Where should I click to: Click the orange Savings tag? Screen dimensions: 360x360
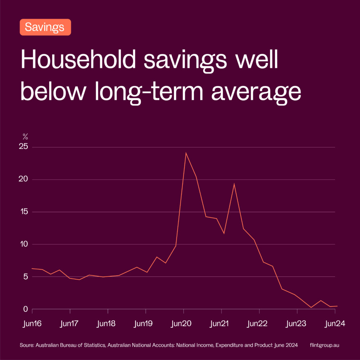click(45, 27)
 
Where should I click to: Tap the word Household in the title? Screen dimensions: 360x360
click(78, 60)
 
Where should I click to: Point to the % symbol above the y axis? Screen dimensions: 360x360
click(25, 137)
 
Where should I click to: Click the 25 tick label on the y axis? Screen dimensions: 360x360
click(24, 147)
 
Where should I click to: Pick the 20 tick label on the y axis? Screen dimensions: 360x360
click(24, 179)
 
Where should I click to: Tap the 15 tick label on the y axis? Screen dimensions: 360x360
click(24, 212)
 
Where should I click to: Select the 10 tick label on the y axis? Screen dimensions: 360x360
click(24, 244)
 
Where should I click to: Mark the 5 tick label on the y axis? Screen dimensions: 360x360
click(25, 277)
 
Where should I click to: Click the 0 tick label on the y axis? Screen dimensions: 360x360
click(25, 309)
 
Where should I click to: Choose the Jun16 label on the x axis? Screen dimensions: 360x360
click(32, 324)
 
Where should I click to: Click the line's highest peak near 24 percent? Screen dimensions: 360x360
click(186, 153)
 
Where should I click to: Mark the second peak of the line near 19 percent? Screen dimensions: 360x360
click(234, 184)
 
